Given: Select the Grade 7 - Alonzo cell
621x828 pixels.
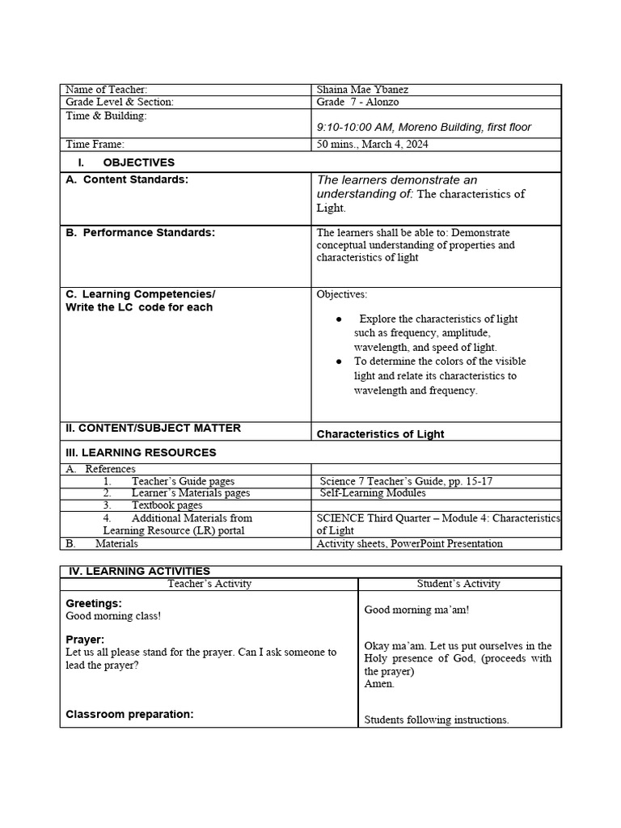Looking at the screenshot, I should click(357, 103).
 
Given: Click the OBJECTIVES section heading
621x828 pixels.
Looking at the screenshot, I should click(138, 163).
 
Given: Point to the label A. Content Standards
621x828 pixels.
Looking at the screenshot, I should click(127, 180).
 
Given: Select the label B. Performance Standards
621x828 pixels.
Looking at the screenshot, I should click(141, 233).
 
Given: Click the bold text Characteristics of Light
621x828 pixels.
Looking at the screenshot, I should click(380, 434).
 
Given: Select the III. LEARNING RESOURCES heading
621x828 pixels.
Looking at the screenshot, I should click(141, 453).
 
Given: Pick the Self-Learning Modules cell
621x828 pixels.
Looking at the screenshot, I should click(373, 492).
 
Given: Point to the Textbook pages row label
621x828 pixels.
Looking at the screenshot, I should click(167, 505).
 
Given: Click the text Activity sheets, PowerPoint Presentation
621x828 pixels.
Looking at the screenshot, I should click(409, 543).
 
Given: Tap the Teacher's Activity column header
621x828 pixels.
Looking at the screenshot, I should click(209, 584).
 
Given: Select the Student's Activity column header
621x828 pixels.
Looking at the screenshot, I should click(458, 584).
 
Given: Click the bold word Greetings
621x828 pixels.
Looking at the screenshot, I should click(94, 603).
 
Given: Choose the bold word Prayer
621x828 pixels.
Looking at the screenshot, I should click(85, 640).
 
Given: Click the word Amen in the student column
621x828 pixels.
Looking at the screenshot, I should click(379, 684).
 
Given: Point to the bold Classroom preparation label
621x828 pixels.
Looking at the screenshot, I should click(129, 715).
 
